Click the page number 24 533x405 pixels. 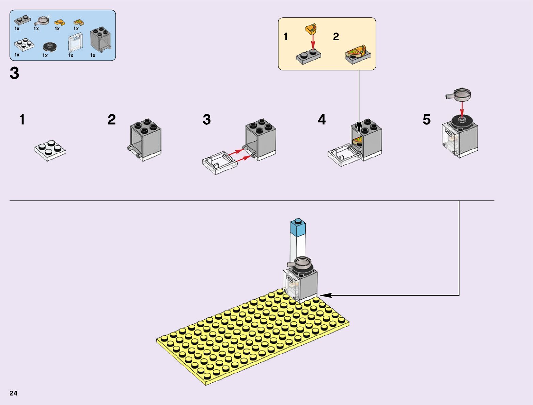[13, 393]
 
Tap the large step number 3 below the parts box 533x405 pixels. [14, 73]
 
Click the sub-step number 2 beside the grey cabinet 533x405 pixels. [112, 120]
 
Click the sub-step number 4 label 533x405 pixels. [322, 120]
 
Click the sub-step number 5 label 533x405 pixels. [426, 120]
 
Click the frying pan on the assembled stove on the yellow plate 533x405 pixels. [302, 263]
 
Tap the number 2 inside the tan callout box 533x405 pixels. [336, 37]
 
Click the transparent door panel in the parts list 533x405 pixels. [76, 43]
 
